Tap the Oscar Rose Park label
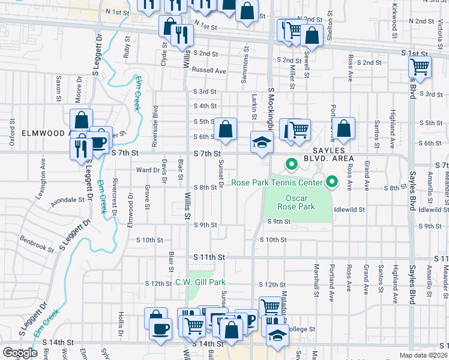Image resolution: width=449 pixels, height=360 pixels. point(297,202)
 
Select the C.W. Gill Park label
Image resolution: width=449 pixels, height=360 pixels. point(200,282)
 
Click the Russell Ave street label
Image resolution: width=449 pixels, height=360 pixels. point(209,70)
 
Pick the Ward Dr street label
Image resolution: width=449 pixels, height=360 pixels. point(147,170)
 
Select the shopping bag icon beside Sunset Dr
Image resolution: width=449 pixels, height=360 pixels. point(225,129)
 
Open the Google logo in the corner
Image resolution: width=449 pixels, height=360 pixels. point(20,353)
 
